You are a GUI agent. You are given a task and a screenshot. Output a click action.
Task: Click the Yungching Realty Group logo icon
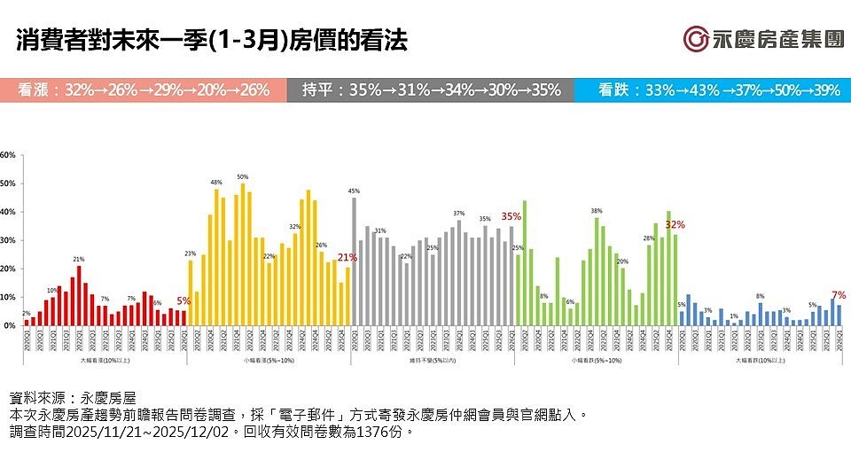pos(697,39)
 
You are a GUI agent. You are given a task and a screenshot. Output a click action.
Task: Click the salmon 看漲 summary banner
pos(143,90)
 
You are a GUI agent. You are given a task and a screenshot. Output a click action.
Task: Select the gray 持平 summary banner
pos(430,90)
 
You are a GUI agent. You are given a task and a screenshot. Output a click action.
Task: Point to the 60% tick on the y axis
pos(8,155)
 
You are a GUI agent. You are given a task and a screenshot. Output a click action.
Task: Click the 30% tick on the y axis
pos(8,240)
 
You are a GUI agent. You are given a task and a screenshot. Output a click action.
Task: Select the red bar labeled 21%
pos(79,296)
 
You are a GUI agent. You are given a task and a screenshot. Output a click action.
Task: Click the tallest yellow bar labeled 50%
pos(243,254)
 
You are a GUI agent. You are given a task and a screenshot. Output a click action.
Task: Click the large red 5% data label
pos(183,300)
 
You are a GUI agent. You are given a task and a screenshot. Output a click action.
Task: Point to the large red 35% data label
pos(511,216)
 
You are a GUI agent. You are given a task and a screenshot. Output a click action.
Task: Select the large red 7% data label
pos(839,294)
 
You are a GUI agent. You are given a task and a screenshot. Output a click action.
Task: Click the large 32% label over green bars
pos(675,224)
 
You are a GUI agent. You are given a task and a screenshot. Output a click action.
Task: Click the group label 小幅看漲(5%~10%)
pos(269,361)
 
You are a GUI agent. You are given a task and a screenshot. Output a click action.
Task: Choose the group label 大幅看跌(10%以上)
pos(761,361)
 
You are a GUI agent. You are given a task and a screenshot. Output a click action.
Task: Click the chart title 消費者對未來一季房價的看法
pos(212,41)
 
